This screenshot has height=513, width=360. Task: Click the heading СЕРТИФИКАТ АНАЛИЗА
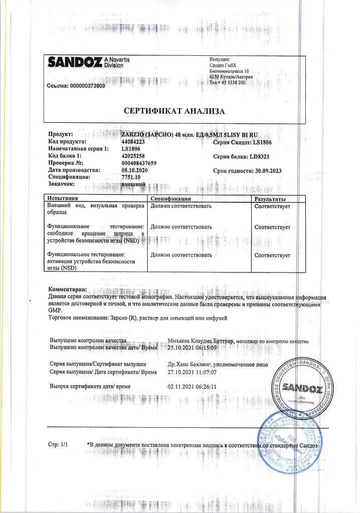[174, 111]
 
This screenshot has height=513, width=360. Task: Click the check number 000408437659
[139, 163]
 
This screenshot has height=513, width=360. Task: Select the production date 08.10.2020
[135, 170]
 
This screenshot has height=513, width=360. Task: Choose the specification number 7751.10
[131, 177]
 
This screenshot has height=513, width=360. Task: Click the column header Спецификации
[171, 199]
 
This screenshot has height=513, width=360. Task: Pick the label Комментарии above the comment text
[67, 290]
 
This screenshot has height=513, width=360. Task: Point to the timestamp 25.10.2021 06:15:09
[192, 347]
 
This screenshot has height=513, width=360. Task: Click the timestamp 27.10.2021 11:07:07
[192, 372]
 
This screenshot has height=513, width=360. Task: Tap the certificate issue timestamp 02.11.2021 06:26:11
[192, 386]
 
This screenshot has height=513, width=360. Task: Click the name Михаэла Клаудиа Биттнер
[201, 341]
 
